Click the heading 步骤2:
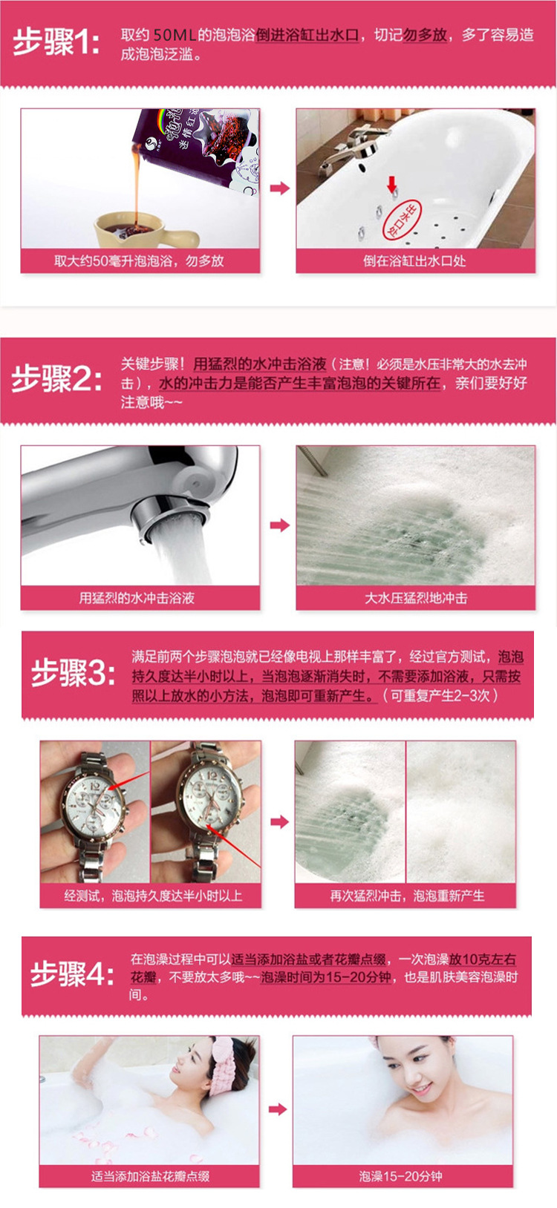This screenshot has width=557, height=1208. pyautogui.click(x=56, y=379)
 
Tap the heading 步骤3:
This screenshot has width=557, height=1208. pyautogui.click(x=73, y=674)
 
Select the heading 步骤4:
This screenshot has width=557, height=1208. pyautogui.click(x=72, y=974)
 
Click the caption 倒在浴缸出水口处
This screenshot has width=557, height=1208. pyautogui.click(x=414, y=261)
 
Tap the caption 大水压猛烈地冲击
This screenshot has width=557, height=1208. pyautogui.click(x=416, y=598)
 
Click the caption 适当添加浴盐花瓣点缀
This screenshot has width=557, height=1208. pyautogui.click(x=150, y=1176)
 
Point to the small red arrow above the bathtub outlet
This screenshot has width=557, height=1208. pyautogui.click(x=391, y=184)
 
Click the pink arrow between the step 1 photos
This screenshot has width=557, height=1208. pyautogui.click(x=279, y=188)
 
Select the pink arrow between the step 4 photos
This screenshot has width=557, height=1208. pyautogui.click(x=277, y=1109)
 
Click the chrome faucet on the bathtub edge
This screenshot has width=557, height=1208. pyautogui.click(x=345, y=148)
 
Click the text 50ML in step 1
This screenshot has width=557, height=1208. pyautogui.click(x=175, y=35)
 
